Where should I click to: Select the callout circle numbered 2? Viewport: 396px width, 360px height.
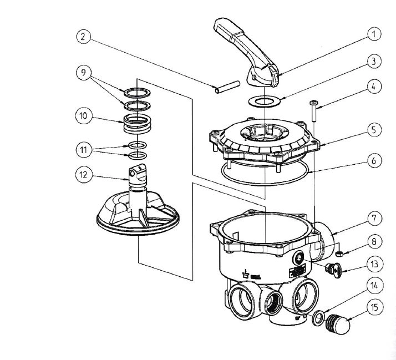coord(83,37)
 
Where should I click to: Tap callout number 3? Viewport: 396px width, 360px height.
coord(375,61)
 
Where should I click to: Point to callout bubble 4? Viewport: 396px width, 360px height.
coord(375,87)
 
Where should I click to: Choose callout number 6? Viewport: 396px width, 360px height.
coord(375,160)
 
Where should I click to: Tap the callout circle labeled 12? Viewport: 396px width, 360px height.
coord(83,175)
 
